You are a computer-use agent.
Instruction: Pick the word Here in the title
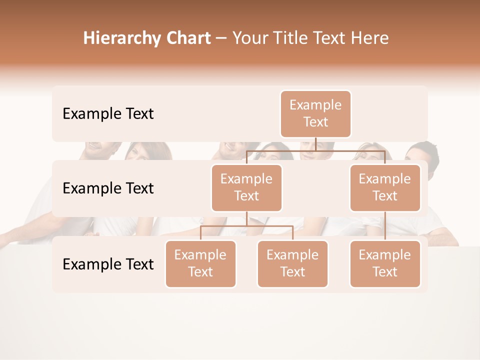point(369,38)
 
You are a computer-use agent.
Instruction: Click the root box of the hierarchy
point(315,114)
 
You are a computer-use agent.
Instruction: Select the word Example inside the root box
point(315,105)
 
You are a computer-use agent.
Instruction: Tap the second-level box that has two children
point(246,188)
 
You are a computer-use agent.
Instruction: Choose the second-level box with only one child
point(385,188)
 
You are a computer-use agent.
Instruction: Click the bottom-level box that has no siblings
point(385,264)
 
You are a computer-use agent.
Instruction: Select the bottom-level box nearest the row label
point(200,264)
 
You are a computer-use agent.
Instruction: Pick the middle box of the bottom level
point(292,264)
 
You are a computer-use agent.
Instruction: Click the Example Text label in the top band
point(108,114)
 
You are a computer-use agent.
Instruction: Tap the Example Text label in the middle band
point(108,188)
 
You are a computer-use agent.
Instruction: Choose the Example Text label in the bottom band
point(108,264)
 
